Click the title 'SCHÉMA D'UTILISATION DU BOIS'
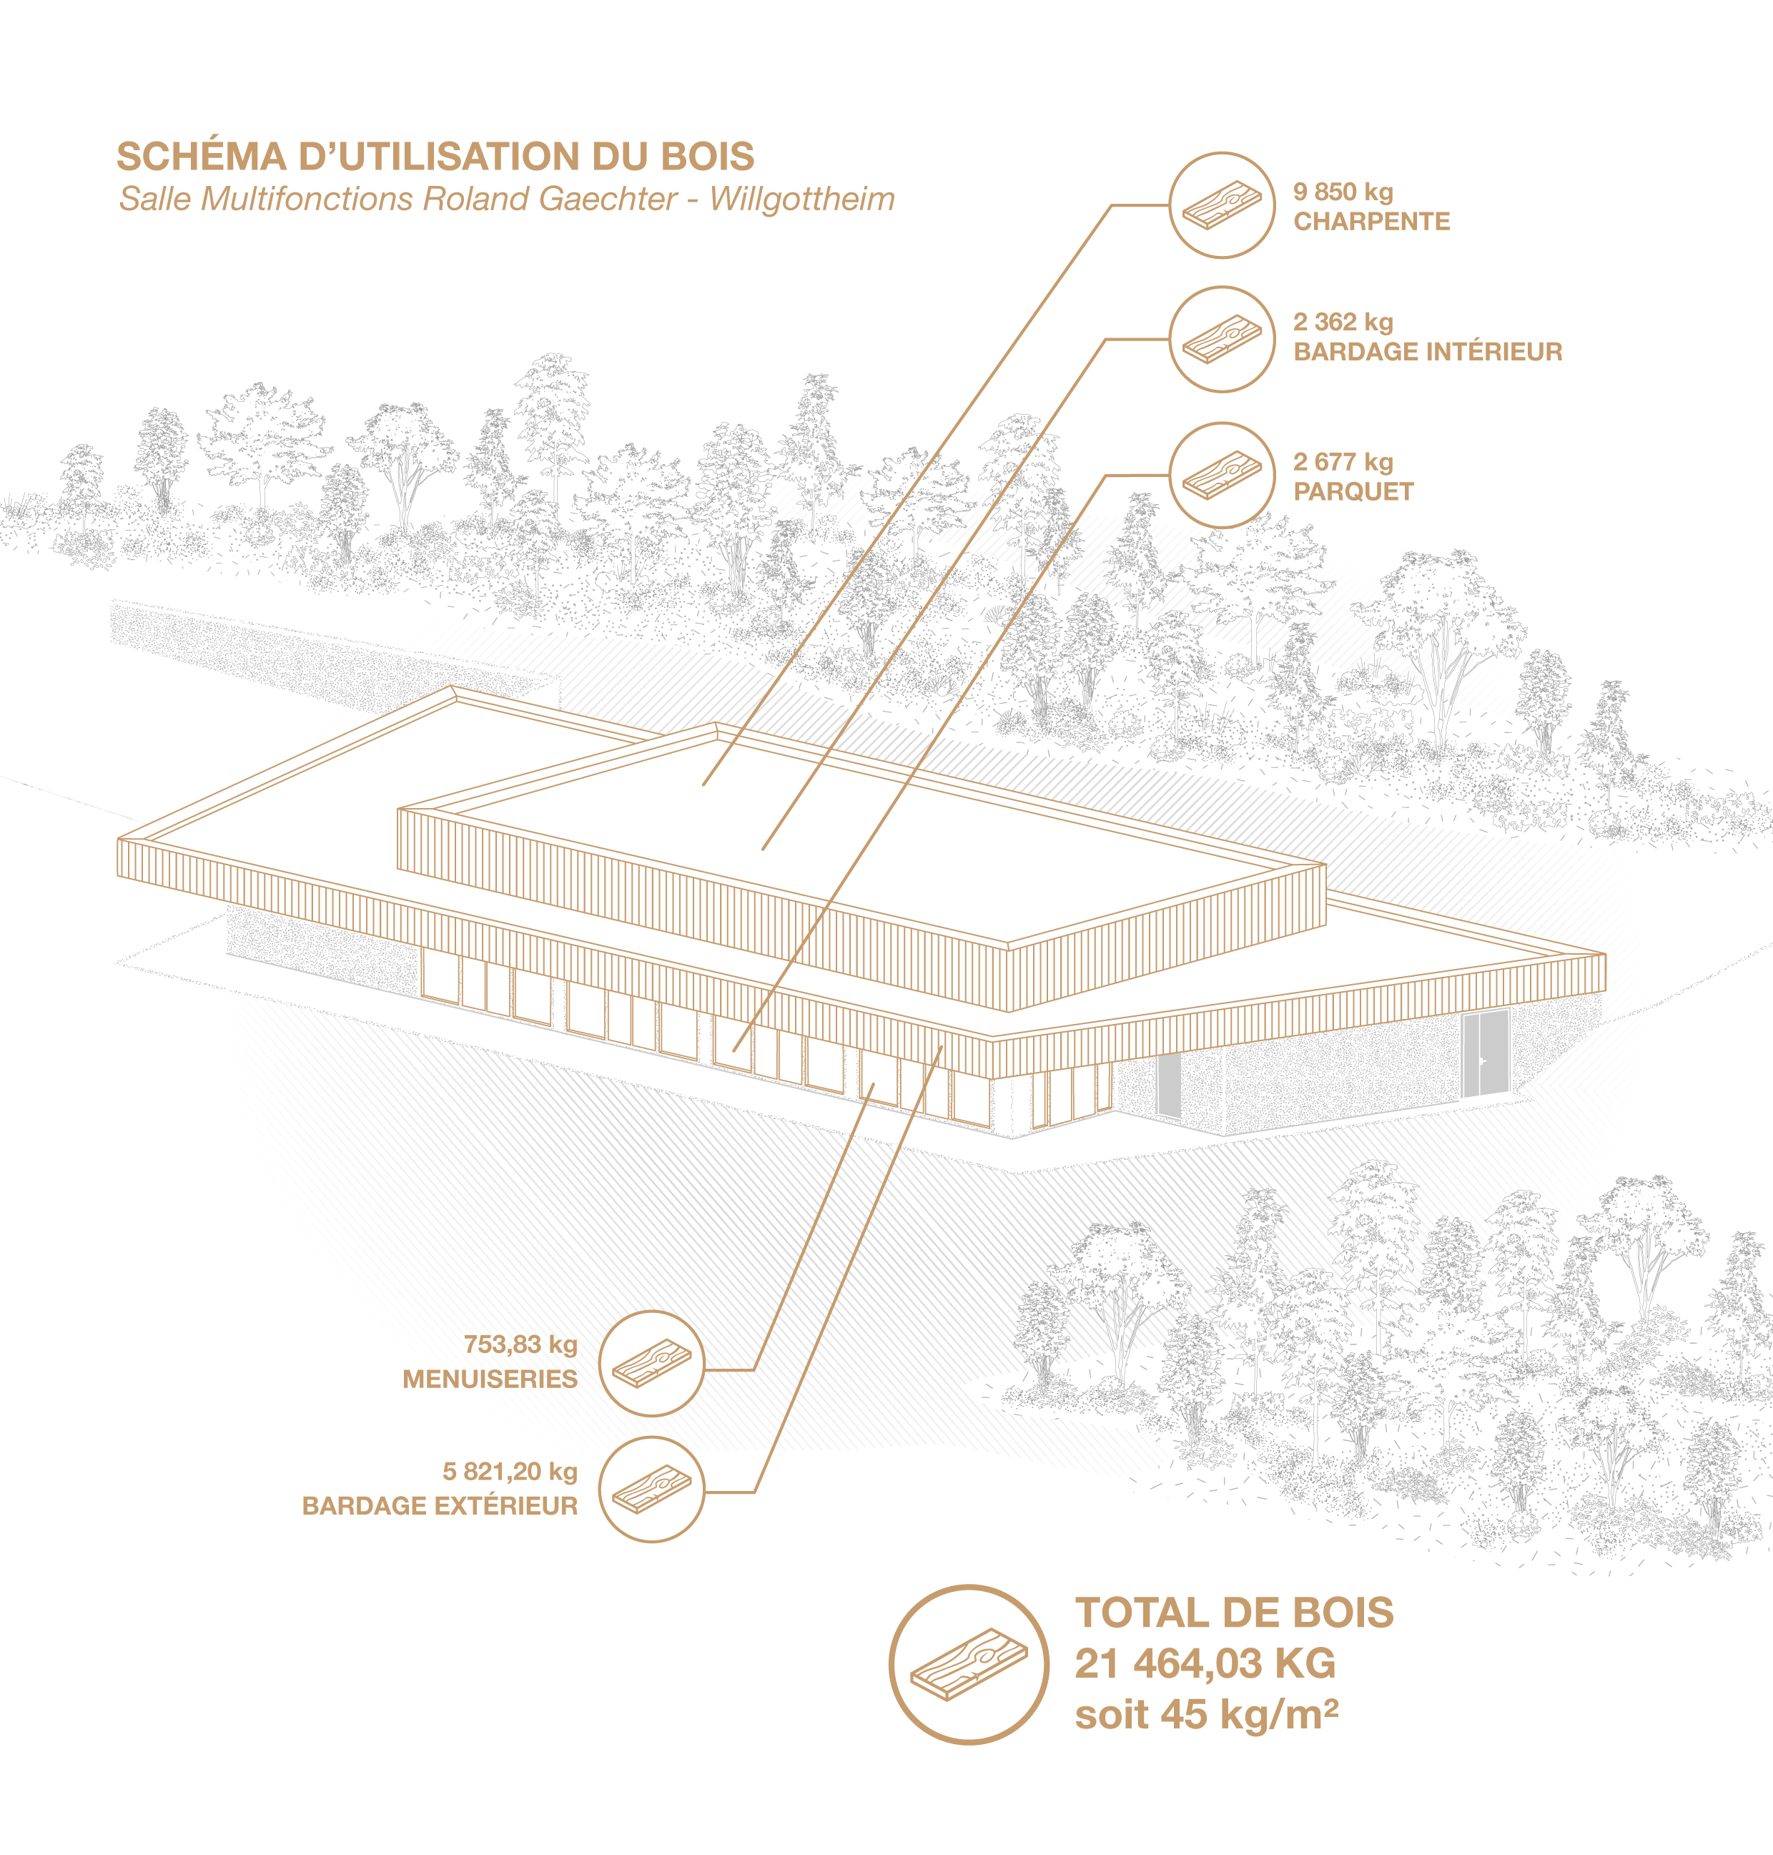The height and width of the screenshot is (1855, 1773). pos(435,157)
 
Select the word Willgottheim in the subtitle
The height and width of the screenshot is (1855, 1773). pos(802,200)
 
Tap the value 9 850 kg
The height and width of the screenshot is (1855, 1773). pos(1343,192)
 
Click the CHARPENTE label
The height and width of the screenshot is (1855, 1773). pos(1371,221)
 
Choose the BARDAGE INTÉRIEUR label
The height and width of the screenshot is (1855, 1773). pos(1428,352)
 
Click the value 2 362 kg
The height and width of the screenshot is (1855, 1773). pos(1343,323)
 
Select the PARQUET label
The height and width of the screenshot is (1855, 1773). pos(1353,492)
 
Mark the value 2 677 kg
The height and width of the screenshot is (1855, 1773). pos(1343,463)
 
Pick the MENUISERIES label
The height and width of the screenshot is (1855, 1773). pos(490,1379)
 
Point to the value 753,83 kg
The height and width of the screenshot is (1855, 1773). pos(520,1344)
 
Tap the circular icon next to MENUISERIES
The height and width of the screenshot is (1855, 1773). pos(652,1363)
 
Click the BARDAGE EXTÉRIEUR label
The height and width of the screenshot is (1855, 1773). pos(440,1506)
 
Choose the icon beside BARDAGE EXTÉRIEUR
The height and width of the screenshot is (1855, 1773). pos(652,1490)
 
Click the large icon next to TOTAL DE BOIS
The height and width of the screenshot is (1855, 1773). pos(969,1665)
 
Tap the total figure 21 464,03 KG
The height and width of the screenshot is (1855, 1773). pos(1205,1664)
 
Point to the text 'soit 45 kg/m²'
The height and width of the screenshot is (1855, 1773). pos(1207,1715)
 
